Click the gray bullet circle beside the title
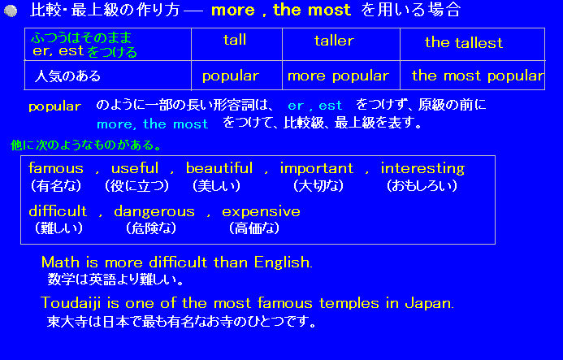11,11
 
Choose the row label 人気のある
67,76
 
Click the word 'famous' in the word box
56,167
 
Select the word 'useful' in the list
135,167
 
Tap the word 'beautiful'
219,167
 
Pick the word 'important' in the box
317,168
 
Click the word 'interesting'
422,168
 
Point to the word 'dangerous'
154,211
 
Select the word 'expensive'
261,211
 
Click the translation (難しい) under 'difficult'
59,228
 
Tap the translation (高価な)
254,228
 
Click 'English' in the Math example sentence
282,262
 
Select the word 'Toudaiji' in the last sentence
71,303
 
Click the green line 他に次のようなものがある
86,145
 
